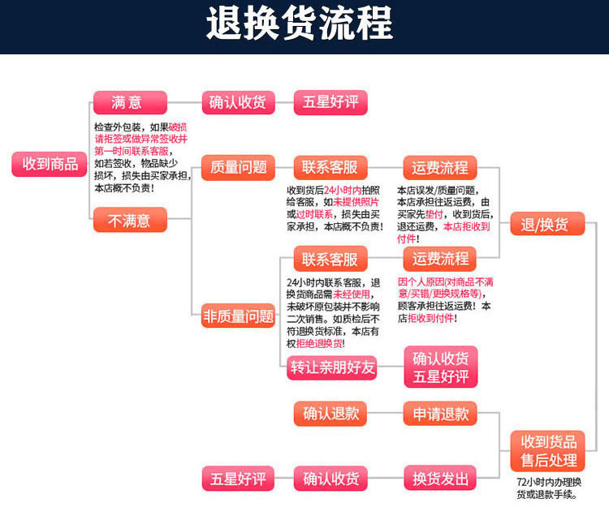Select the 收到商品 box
[x=50, y=164]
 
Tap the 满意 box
[x=129, y=103]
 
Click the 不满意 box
[x=129, y=220]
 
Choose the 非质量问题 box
[x=239, y=316]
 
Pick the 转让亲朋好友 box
[x=332, y=367]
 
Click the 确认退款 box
[x=331, y=413]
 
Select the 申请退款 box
[x=440, y=414]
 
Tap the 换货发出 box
[x=440, y=478]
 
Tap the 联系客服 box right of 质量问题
[x=330, y=168]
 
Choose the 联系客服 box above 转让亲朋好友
[x=330, y=260]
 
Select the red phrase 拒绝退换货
[x=321, y=344]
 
